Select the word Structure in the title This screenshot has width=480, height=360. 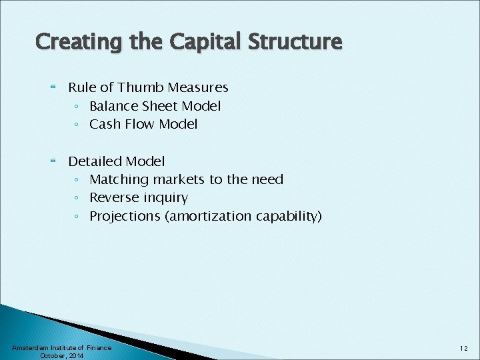[x=296, y=43]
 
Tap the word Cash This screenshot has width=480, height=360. [x=104, y=124]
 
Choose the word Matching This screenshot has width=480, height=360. [x=119, y=179]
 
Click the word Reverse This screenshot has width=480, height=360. [x=113, y=197]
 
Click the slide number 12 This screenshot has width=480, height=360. [x=463, y=348]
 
